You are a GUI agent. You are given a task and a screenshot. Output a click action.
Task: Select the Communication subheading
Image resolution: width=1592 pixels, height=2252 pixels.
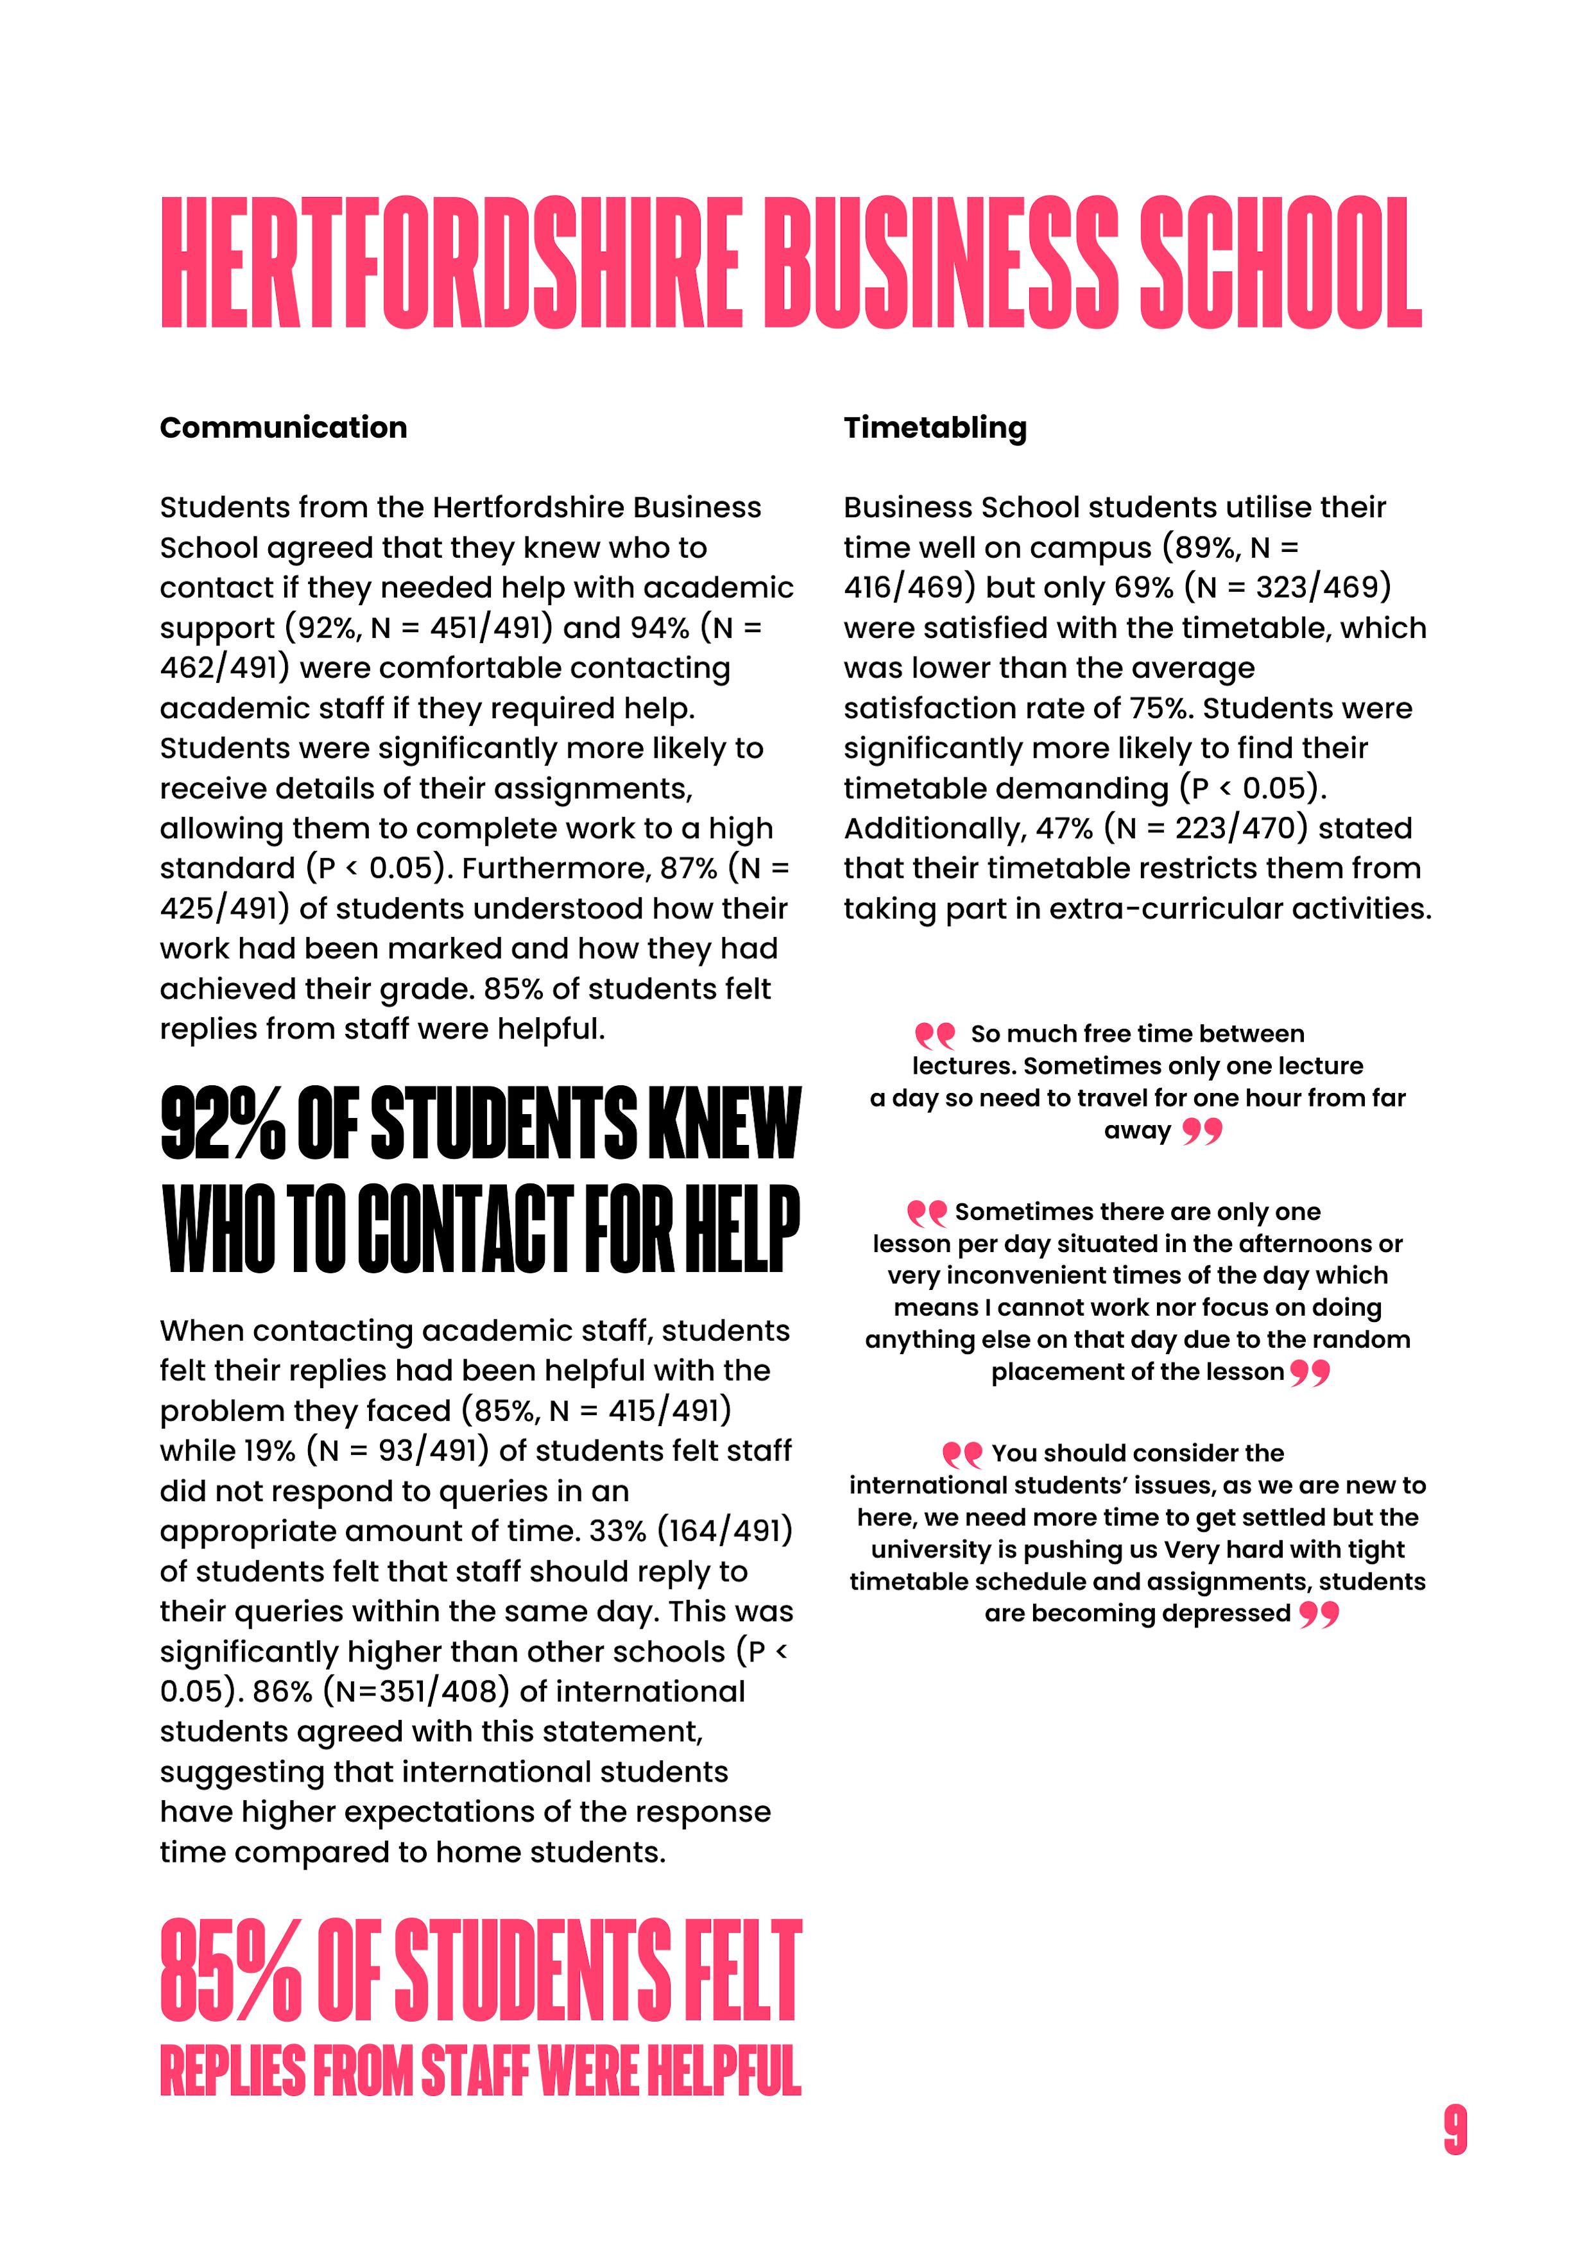pos(284,427)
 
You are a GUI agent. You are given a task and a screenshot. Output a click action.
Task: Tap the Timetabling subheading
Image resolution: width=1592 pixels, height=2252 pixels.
pos(935,427)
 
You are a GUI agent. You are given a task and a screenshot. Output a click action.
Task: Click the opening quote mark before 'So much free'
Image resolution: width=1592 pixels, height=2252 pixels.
pos(934,1035)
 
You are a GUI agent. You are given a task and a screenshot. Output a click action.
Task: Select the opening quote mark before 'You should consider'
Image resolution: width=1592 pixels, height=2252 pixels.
pos(961,1454)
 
